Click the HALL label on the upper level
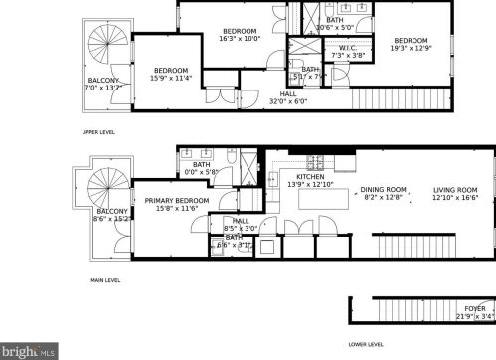click(x=288, y=94)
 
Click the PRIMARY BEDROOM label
click(x=177, y=201)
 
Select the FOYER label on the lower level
click(x=474, y=309)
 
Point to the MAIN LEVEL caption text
click(x=105, y=280)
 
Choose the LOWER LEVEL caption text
click(x=365, y=345)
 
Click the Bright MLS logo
click(x=30, y=350)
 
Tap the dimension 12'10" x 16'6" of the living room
click(x=454, y=198)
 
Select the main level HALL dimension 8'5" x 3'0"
click(x=241, y=228)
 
